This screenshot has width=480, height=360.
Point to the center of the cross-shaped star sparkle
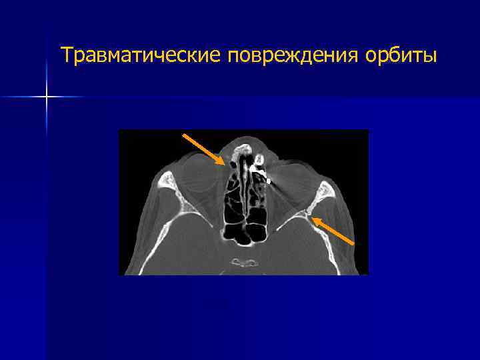(x=47, y=97)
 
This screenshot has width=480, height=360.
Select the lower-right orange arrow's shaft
(x=333, y=229)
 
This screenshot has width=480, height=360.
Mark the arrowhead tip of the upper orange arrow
(x=225, y=164)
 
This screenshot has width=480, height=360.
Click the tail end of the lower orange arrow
(x=354, y=243)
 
